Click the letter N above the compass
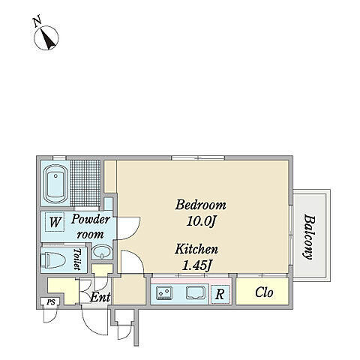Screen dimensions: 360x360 (x=37, y=21)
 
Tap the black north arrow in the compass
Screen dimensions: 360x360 (x=49, y=39)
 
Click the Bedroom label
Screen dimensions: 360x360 (x=201, y=205)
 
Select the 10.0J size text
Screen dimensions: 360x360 (x=201, y=222)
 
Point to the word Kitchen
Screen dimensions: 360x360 (x=196, y=249)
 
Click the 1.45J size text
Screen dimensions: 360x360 (x=196, y=265)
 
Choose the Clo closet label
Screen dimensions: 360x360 (x=264, y=292)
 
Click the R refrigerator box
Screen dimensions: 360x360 (x=220, y=294)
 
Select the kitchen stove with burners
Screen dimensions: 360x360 (x=164, y=292)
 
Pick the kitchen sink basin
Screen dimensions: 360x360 (x=196, y=292)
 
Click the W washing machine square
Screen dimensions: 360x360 (x=55, y=221)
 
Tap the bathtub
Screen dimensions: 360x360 (x=55, y=184)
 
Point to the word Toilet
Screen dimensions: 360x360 (x=77, y=259)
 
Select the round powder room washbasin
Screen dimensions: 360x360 (x=102, y=252)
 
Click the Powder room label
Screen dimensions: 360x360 (x=90, y=226)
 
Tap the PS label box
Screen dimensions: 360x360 (x=51, y=302)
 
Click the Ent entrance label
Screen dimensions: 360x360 (x=100, y=298)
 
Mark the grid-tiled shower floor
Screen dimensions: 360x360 (x=85, y=183)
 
